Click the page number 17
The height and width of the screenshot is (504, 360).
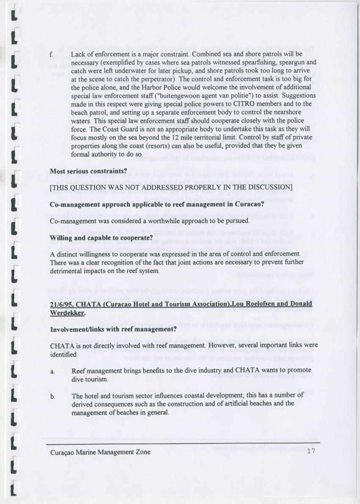(311, 452)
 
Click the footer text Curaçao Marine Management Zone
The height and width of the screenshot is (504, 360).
(100, 452)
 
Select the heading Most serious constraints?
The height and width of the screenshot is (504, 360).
(89, 171)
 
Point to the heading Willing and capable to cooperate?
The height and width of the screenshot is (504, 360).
(101, 237)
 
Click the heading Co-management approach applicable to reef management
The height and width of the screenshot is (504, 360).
(157, 204)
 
